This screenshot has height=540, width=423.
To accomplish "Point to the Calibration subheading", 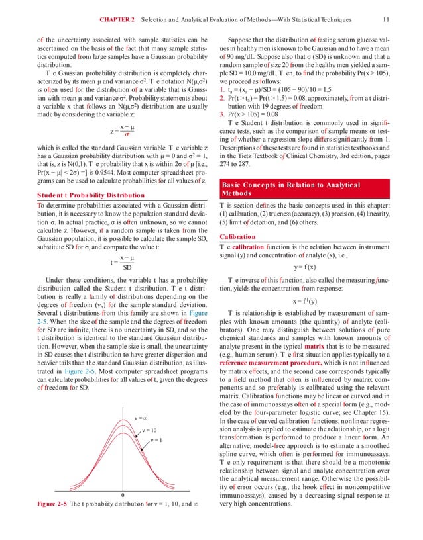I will (237, 236).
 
